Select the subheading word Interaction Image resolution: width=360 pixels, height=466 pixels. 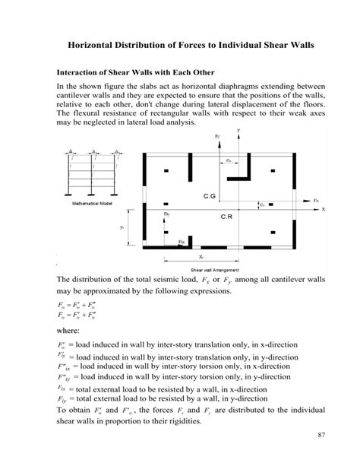[81, 74]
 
